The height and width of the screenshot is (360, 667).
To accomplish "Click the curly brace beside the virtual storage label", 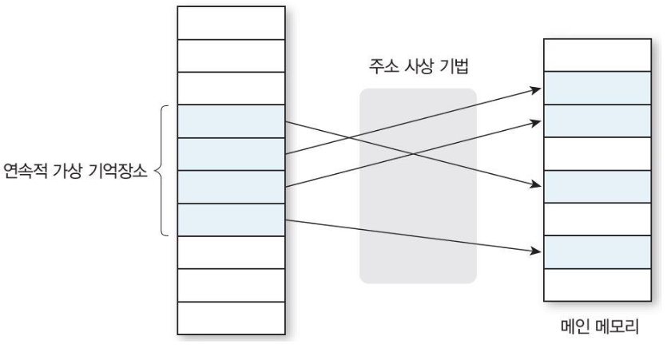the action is (x=163, y=171).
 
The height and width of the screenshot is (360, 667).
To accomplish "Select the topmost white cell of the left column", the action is (x=231, y=22).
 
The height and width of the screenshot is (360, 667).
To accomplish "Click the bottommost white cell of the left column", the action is (x=231, y=318).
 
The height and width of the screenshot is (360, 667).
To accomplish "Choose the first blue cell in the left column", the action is (x=231, y=121).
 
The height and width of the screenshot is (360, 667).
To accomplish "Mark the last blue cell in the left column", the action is (x=231, y=220).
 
